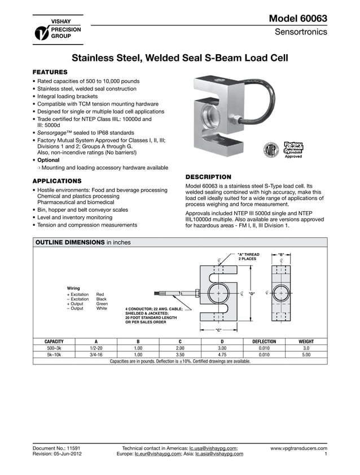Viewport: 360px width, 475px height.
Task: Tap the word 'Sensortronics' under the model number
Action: pos(300,32)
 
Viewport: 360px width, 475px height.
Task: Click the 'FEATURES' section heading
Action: pos(50,72)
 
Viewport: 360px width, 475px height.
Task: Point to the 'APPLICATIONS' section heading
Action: pos(58,181)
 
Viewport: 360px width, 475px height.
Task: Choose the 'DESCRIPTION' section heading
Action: pos(208,177)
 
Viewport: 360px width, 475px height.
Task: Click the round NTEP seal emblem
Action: pos(271,151)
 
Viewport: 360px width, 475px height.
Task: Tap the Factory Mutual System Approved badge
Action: pos(293,149)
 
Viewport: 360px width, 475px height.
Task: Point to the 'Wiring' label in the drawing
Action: pos(73,288)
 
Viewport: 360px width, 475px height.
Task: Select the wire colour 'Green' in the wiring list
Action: pos(102,304)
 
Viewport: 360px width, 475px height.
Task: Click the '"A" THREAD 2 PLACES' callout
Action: pos(248,257)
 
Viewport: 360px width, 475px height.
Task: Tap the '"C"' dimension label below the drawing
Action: pos(219,330)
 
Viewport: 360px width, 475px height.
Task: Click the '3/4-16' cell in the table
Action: pos(96,355)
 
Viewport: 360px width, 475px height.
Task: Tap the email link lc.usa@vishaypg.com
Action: pos(213,448)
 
